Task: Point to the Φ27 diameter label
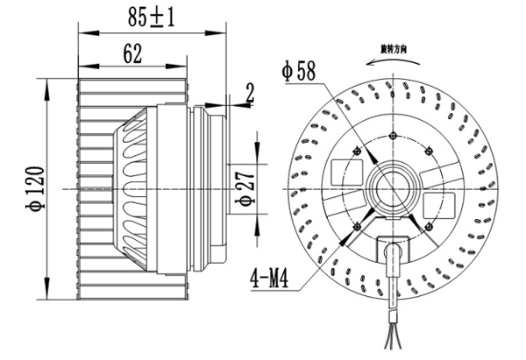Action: [x=247, y=187]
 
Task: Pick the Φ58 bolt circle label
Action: [x=299, y=70]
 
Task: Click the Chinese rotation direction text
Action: [x=394, y=47]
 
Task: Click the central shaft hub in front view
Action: [x=392, y=188]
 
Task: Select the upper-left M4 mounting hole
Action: [x=357, y=151]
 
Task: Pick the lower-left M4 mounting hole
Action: [x=357, y=224]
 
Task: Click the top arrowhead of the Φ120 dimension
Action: [x=45, y=83]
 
